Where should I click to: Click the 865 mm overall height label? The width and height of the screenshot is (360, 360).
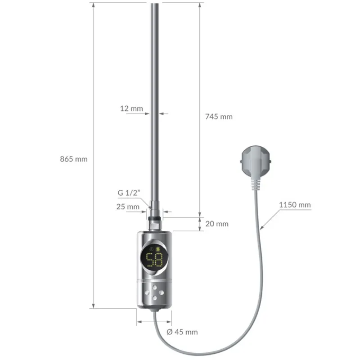(x=74, y=159)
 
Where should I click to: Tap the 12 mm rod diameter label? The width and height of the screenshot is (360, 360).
(x=131, y=108)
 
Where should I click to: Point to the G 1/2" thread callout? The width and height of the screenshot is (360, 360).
(x=130, y=192)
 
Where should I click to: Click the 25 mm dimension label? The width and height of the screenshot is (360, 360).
(x=128, y=207)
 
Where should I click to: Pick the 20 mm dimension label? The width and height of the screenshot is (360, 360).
(x=217, y=224)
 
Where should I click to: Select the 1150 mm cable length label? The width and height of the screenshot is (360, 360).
(x=295, y=205)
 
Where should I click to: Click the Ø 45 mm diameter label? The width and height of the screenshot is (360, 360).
(x=182, y=332)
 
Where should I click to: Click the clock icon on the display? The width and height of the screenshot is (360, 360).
(x=151, y=249)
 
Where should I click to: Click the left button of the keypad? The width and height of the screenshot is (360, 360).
(x=148, y=292)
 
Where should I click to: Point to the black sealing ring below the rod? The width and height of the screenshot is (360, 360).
(x=155, y=219)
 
